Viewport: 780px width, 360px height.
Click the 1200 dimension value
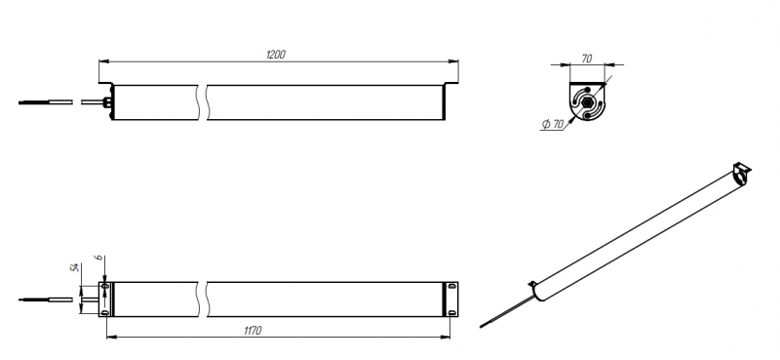coord(276,55)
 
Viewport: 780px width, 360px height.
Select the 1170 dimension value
coord(253,330)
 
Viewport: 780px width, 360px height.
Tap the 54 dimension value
coord(75,268)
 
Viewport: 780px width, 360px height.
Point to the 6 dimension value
coord(99,258)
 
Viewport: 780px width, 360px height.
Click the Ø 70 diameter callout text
coord(552,124)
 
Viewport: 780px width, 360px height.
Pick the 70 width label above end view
coord(587,59)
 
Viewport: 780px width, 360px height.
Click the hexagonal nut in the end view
coord(587,103)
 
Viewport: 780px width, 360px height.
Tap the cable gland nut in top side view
coord(106,102)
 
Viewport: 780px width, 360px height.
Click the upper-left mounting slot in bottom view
coord(104,287)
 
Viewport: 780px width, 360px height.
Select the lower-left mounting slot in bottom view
coord(104,313)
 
